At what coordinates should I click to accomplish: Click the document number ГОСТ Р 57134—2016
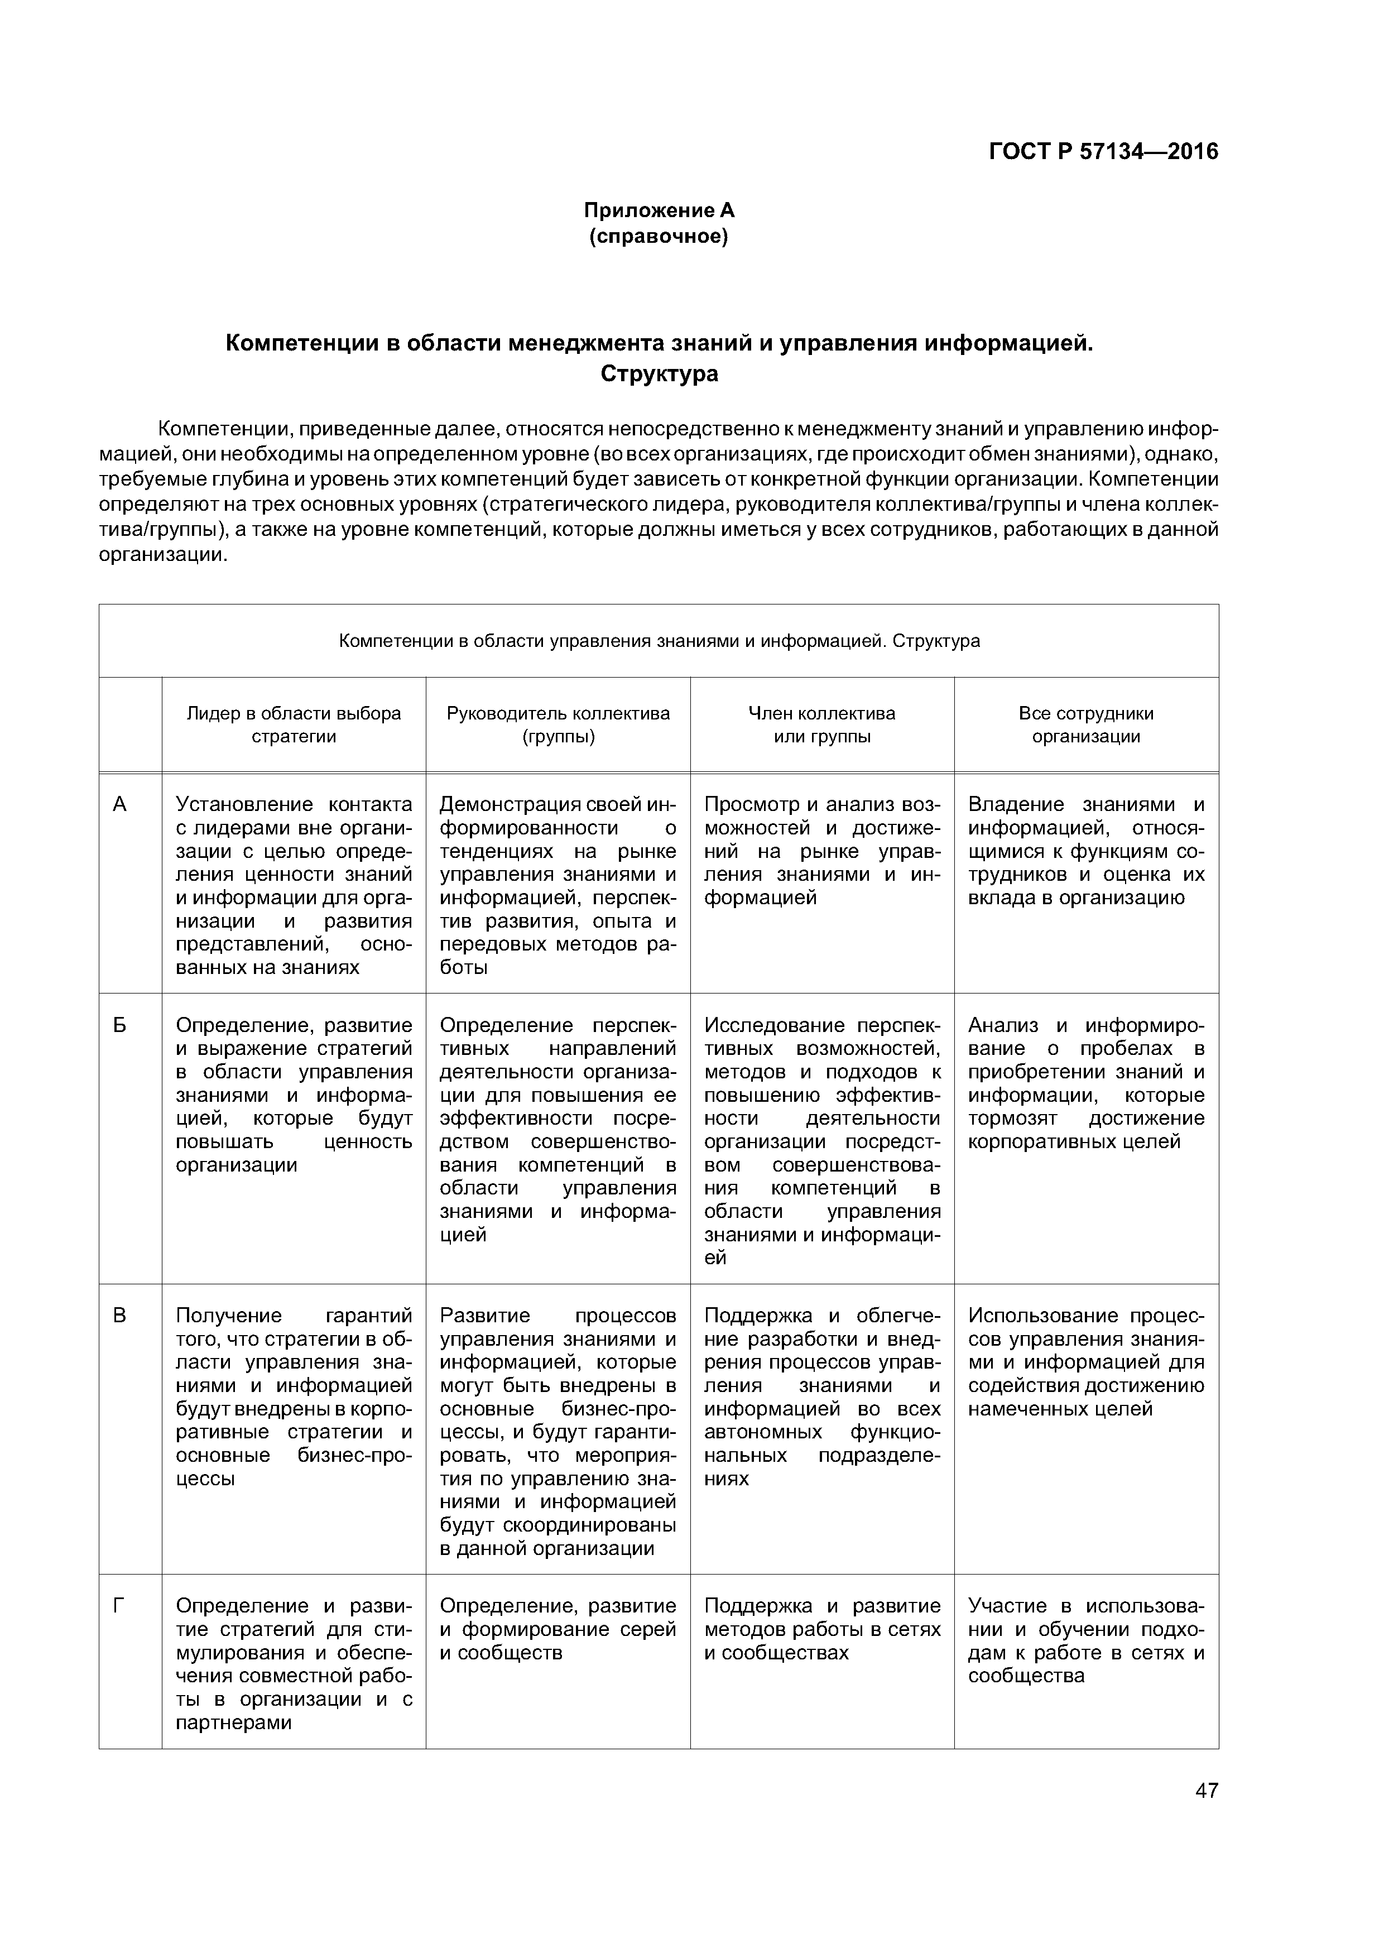[x=1103, y=152]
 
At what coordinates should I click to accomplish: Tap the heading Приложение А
[x=659, y=210]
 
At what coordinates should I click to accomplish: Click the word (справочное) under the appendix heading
[x=659, y=236]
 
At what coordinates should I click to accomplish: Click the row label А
[x=120, y=804]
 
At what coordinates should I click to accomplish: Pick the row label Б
[x=120, y=1025]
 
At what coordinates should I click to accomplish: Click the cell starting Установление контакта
[x=294, y=885]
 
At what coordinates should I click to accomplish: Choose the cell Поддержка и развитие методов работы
[x=822, y=1629]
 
